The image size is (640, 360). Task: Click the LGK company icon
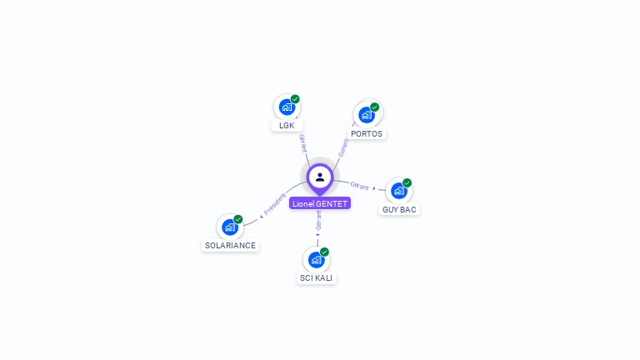(287, 107)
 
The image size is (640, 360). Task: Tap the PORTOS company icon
(367, 114)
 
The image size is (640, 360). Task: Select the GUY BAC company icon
(399, 191)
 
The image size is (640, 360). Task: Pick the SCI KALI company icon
(317, 259)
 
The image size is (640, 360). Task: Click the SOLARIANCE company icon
(230, 227)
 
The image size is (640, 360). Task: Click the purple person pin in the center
(320, 177)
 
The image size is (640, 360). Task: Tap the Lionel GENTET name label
(320, 203)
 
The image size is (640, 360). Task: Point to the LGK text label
(287, 126)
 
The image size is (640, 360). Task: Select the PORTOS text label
(367, 133)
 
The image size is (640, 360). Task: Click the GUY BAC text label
(399, 209)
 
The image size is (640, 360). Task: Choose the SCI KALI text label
(317, 277)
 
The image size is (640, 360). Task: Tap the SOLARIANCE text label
(230, 245)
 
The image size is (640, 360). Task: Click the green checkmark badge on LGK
(295, 99)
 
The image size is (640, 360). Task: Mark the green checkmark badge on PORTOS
(375, 107)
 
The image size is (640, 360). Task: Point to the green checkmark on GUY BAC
(407, 182)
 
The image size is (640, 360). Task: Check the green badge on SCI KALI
(325, 252)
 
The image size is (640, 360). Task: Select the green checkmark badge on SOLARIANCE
(238, 219)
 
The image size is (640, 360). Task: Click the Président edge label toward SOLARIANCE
(274, 205)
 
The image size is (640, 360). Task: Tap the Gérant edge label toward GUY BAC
(359, 186)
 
